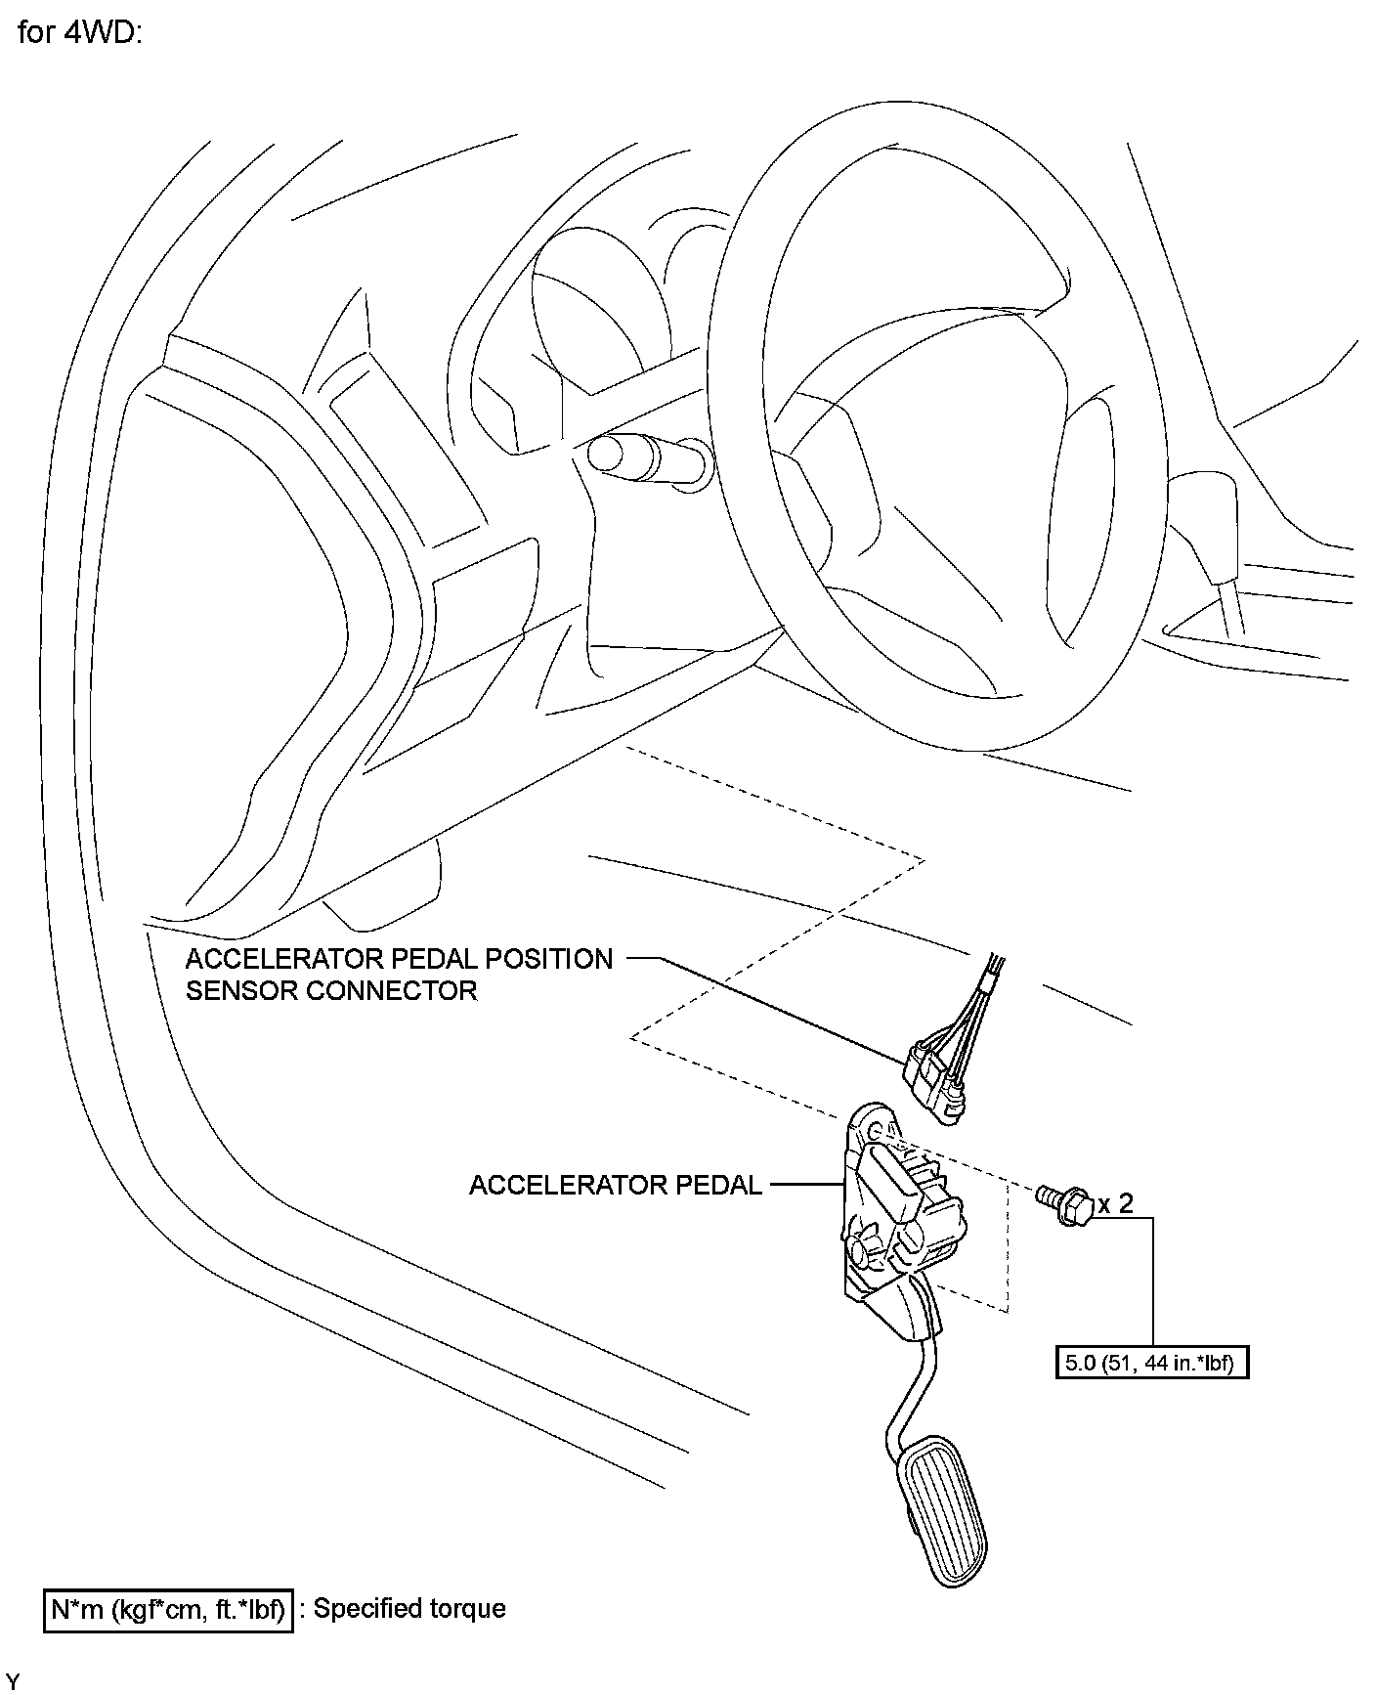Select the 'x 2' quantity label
pos(1114,1202)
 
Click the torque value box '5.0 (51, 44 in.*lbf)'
pos(1152,1363)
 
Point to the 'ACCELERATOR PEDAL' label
pos(615,1185)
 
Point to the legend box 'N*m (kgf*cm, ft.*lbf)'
pos(167,1609)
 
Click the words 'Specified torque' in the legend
pos(409,1609)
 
